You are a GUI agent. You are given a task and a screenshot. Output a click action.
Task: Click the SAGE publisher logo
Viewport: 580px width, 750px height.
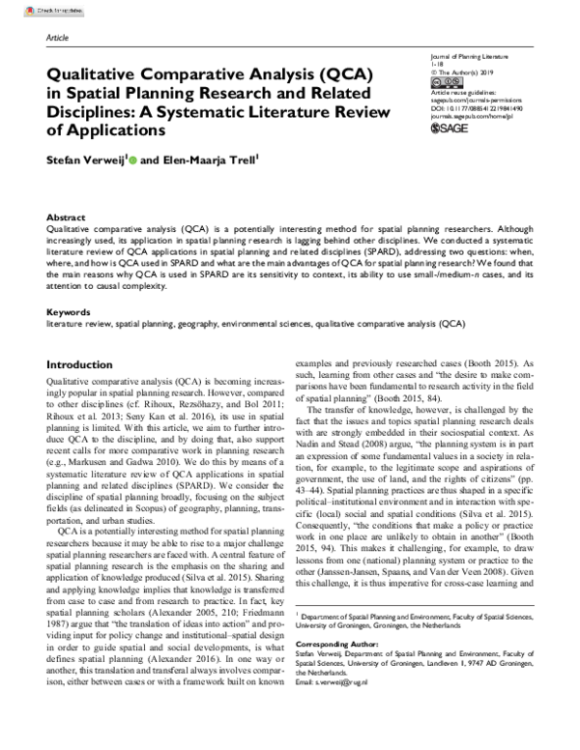(444, 126)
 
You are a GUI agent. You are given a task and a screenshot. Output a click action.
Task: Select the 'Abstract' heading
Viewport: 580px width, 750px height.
(66, 218)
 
